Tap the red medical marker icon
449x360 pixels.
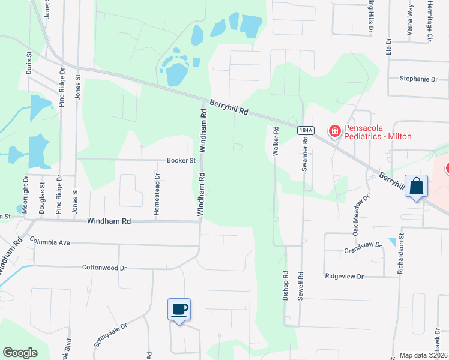click(x=334, y=131)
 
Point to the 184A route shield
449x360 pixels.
click(x=305, y=130)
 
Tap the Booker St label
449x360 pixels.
click(x=181, y=161)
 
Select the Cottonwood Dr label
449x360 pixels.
click(x=104, y=268)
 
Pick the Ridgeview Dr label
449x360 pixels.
click(x=345, y=277)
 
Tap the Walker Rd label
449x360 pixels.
click(x=276, y=141)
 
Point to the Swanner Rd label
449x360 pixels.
click(x=305, y=154)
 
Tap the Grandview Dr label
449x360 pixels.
click(x=363, y=246)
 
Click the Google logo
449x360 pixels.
click(x=20, y=352)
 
